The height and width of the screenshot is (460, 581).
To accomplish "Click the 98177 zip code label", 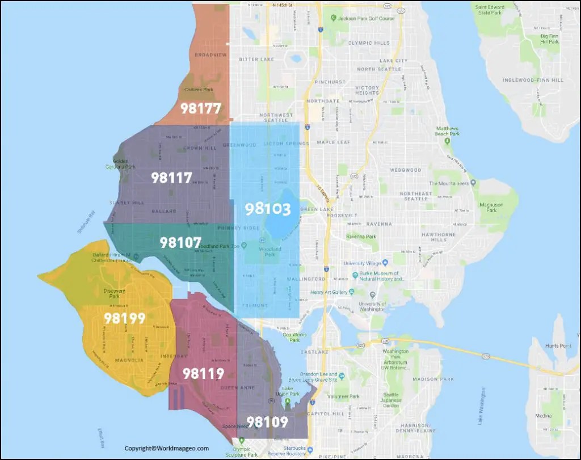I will pyautogui.click(x=200, y=108).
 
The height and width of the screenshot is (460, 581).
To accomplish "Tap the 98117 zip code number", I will pyautogui.click(x=171, y=178).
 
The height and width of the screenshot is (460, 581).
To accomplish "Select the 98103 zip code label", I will pyautogui.click(x=268, y=209).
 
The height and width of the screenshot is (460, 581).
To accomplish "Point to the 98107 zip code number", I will pyautogui.click(x=180, y=243).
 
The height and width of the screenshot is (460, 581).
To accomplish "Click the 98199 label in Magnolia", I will pyautogui.click(x=125, y=319).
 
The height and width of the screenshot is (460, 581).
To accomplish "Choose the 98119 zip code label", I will pyautogui.click(x=203, y=374).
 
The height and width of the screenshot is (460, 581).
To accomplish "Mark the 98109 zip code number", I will pyautogui.click(x=267, y=422).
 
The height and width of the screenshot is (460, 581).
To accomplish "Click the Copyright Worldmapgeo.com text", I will pyautogui.click(x=167, y=448).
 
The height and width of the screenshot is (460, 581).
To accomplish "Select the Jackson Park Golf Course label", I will pyautogui.click(x=366, y=19).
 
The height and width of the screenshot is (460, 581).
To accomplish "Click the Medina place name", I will pyautogui.click(x=543, y=416).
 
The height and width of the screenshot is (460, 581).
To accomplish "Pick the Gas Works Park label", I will pyautogui.click(x=294, y=337).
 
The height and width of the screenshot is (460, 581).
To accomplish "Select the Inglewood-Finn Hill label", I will pyautogui.click(x=533, y=80).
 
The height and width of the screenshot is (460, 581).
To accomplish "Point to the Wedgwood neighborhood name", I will pyautogui.click(x=406, y=170).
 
